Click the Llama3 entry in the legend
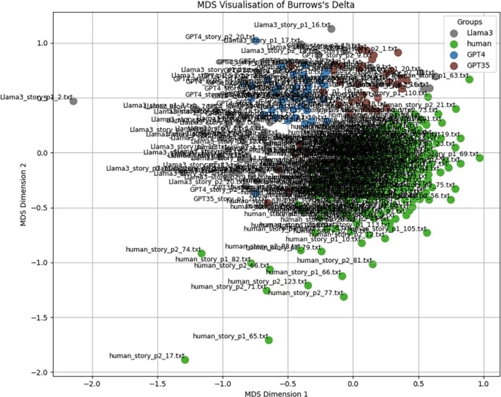[x=476, y=33]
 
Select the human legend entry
[x=476, y=44]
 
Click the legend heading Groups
[x=469, y=22]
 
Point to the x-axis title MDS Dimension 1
[x=276, y=393]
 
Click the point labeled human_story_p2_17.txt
[x=185, y=359]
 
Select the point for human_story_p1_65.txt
[x=269, y=340]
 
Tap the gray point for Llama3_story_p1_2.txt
[x=73, y=101]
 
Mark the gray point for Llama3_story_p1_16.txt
[x=331, y=29]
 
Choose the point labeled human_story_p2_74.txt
[x=202, y=253]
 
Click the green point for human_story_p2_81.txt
[x=373, y=264]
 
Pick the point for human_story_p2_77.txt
[x=344, y=297]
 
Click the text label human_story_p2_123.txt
[x=267, y=282]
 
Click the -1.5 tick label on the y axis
[x=40, y=318]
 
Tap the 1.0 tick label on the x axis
[x=484, y=384]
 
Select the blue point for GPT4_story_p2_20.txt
[x=256, y=40]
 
